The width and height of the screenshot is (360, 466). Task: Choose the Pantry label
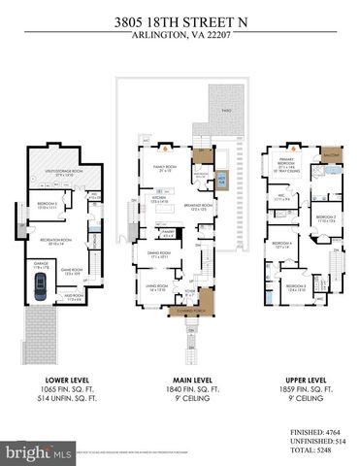[x=168, y=233]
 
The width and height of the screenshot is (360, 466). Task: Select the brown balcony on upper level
[x=331, y=154]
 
